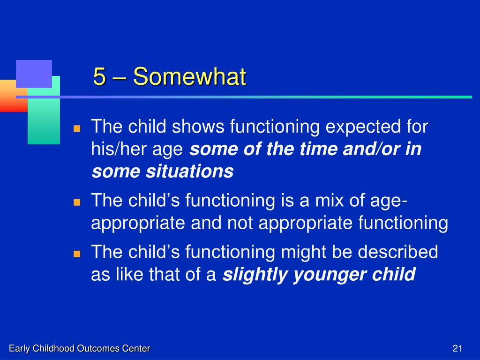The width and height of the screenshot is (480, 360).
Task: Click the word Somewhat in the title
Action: (x=189, y=76)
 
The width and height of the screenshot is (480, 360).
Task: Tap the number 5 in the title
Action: (x=99, y=76)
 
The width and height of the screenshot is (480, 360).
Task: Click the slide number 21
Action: (x=457, y=348)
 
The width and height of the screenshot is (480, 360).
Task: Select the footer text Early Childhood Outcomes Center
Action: (x=80, y=348)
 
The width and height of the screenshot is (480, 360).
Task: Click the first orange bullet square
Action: (x=77, y=128)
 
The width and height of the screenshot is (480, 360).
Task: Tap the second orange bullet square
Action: (x=77, y=202)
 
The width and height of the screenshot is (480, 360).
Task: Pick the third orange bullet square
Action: (x=77, y=254)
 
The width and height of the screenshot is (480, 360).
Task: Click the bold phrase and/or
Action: (x=372, y=149)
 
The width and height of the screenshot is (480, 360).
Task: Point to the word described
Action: (x=397, y=252)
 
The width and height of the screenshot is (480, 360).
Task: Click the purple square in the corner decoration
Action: (x=34, y=74)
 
